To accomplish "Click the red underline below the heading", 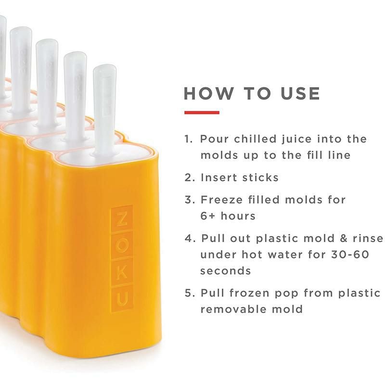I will tap(202, 113).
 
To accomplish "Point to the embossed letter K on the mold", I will tap(122, 272).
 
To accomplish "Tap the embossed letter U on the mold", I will tap(122, 300).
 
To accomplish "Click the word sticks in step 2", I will tap(260, 177).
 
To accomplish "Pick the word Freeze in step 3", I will tap(222, 199).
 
